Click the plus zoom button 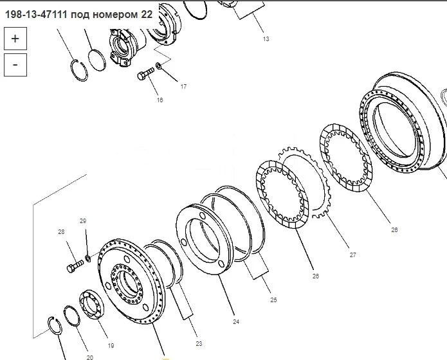15,39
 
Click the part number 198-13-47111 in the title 37,15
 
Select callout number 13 266,39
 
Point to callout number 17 183,86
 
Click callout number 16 160,100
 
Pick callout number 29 83,221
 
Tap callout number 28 61,232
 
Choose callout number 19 111,346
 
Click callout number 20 90,357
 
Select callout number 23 199,344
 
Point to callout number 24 236,322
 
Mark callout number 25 273,300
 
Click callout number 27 353,255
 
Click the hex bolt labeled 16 145,74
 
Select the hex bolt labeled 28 75,266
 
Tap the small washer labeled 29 88,258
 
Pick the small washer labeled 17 159,66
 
